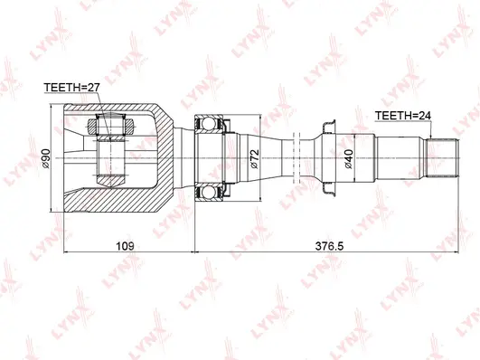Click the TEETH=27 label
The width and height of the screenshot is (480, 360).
pos(71,88)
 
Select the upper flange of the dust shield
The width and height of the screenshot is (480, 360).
pos(327,123)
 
